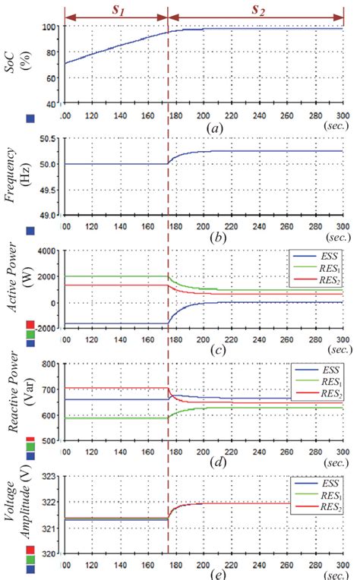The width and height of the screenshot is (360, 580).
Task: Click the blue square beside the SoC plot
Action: coord(30,118)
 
